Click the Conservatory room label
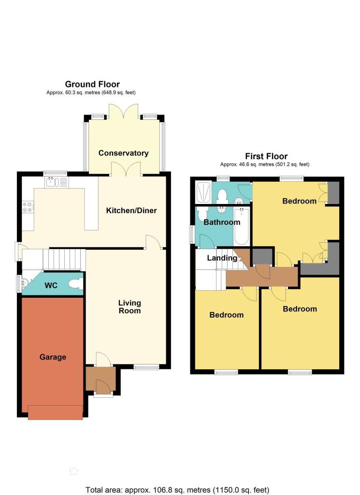coord(123,153)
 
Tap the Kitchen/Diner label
coord(131,211)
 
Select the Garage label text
coord(53,357)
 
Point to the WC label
coord(51,285)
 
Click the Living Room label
coord(130,307)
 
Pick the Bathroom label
coord(222,222)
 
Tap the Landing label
coord(222,258)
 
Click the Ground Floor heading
coord(92,84)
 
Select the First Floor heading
coord(266,156)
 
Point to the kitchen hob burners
coord(28,207)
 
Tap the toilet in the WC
coord(75,284)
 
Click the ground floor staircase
coord(64,260)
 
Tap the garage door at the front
coord(56,412)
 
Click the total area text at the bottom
coord(177,490)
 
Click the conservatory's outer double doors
coord(123,112)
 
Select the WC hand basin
coord(25,281)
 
